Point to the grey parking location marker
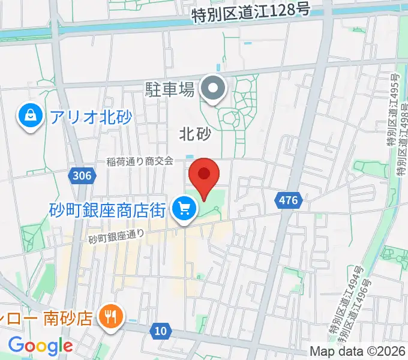click(212, 90)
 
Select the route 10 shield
click(160, 331)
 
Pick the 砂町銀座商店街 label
click(107, 210)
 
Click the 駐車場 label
click(170, 91)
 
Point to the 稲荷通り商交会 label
click(140, 161)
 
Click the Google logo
click(40, 346)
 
